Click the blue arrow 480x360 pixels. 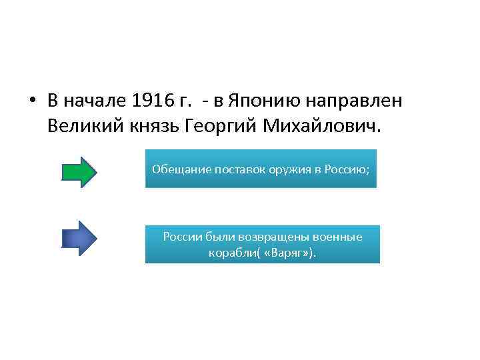click(79, 237)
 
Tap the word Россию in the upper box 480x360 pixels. click(345, 169)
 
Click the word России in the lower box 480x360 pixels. click(181, 237)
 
